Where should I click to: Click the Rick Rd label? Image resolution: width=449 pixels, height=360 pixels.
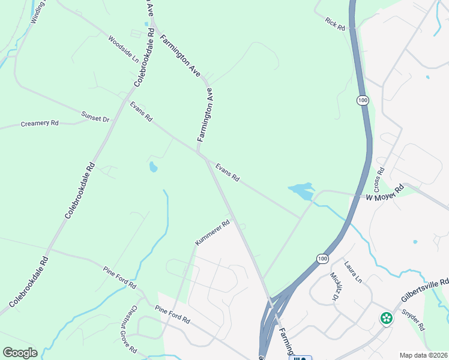click(x=335, y=24)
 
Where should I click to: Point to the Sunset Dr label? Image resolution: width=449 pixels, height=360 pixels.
click(x=95, y=116)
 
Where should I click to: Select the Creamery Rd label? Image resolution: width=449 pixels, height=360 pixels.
click(x=40, y=123)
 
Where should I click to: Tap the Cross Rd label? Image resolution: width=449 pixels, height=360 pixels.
click(x=379, y=178)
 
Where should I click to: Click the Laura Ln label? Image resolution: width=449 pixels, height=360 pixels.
click(x=353, y=272)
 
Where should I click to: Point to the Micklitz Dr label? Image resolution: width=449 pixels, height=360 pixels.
click(x=334, y=286)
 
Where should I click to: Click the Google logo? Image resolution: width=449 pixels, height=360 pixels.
click(x=20, y=353)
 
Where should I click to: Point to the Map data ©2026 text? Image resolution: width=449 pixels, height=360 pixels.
click(x=423, y=355)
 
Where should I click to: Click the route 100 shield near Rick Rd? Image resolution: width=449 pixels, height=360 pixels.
click(x=362, y=100)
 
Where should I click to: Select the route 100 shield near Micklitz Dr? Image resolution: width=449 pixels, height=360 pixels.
click(x=322, y=258)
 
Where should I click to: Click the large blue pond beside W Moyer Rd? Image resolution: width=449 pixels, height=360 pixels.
click(x=301, y=191)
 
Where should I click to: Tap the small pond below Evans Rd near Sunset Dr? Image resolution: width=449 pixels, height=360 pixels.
click(x=153, y=167)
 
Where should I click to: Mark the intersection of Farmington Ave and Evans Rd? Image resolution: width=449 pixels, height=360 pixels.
click(x=200, y=154)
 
